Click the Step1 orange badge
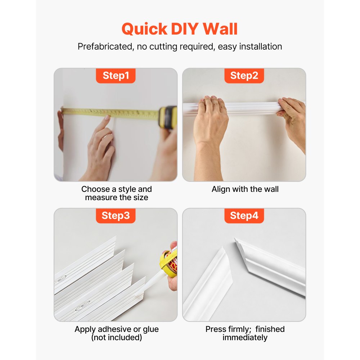(116, 76)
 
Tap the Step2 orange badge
(244, 76)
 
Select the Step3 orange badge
(116, 216)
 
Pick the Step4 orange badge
(244, 216)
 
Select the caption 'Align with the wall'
(245, 189)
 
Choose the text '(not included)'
(116, 338)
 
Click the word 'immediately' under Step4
(245, 338)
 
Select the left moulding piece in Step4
(209, 284)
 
